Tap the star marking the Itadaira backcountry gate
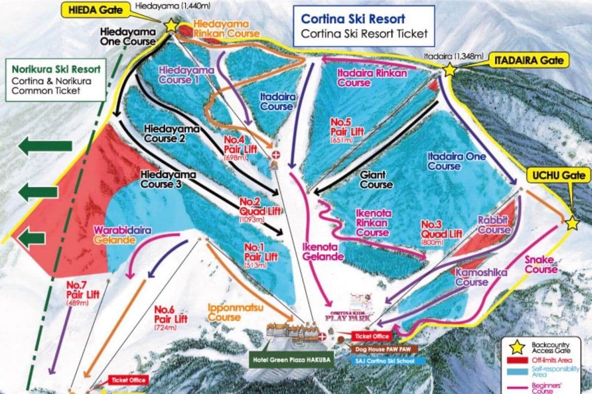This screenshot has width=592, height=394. (449, 70)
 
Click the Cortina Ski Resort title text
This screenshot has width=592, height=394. (353, 19)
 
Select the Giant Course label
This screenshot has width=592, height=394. (376, 180)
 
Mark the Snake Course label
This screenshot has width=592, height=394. (541, 264)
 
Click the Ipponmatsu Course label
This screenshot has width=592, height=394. (235, 313)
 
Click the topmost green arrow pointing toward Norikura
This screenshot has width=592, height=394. (45, 146)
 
